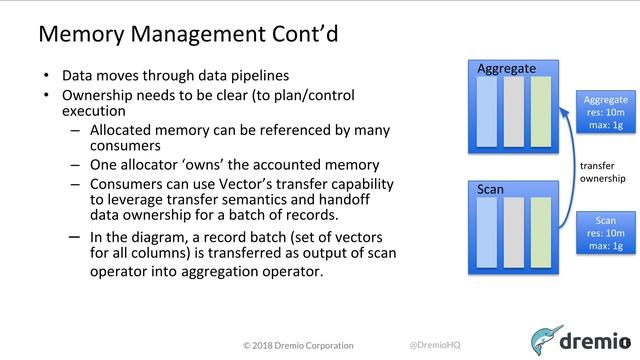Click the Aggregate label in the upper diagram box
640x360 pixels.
[507, 69]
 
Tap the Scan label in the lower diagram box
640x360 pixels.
[491, 188]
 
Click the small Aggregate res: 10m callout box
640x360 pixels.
[606, 113]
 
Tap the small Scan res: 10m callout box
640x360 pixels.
[606, 232]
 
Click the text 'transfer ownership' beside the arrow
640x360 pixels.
[604, 172]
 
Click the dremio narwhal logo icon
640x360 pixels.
[552, 339]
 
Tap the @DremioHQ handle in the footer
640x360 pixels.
[435, 345]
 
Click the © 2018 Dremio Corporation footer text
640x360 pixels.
[298, 345]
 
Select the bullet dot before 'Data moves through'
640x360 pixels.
[46, 76]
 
